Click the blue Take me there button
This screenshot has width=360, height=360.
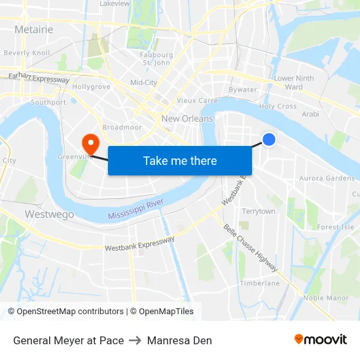(180, 160)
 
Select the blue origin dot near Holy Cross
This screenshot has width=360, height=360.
(268, 139)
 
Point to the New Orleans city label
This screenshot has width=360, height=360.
(187, 118)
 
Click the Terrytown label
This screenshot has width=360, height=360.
(259, 211)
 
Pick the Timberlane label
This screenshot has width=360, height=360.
(259, 283)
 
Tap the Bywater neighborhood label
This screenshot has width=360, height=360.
(243, 90)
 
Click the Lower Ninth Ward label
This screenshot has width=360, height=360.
(294, 82)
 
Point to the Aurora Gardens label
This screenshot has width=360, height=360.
(327, 178)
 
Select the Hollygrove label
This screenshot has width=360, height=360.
(91, 86)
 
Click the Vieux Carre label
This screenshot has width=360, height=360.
(197, 101)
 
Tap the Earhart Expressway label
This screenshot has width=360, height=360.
(39, 78)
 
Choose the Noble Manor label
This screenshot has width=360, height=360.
(326, 298)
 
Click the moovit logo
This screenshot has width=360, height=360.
(321, 340)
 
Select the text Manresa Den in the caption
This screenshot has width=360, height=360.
(179, 340)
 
